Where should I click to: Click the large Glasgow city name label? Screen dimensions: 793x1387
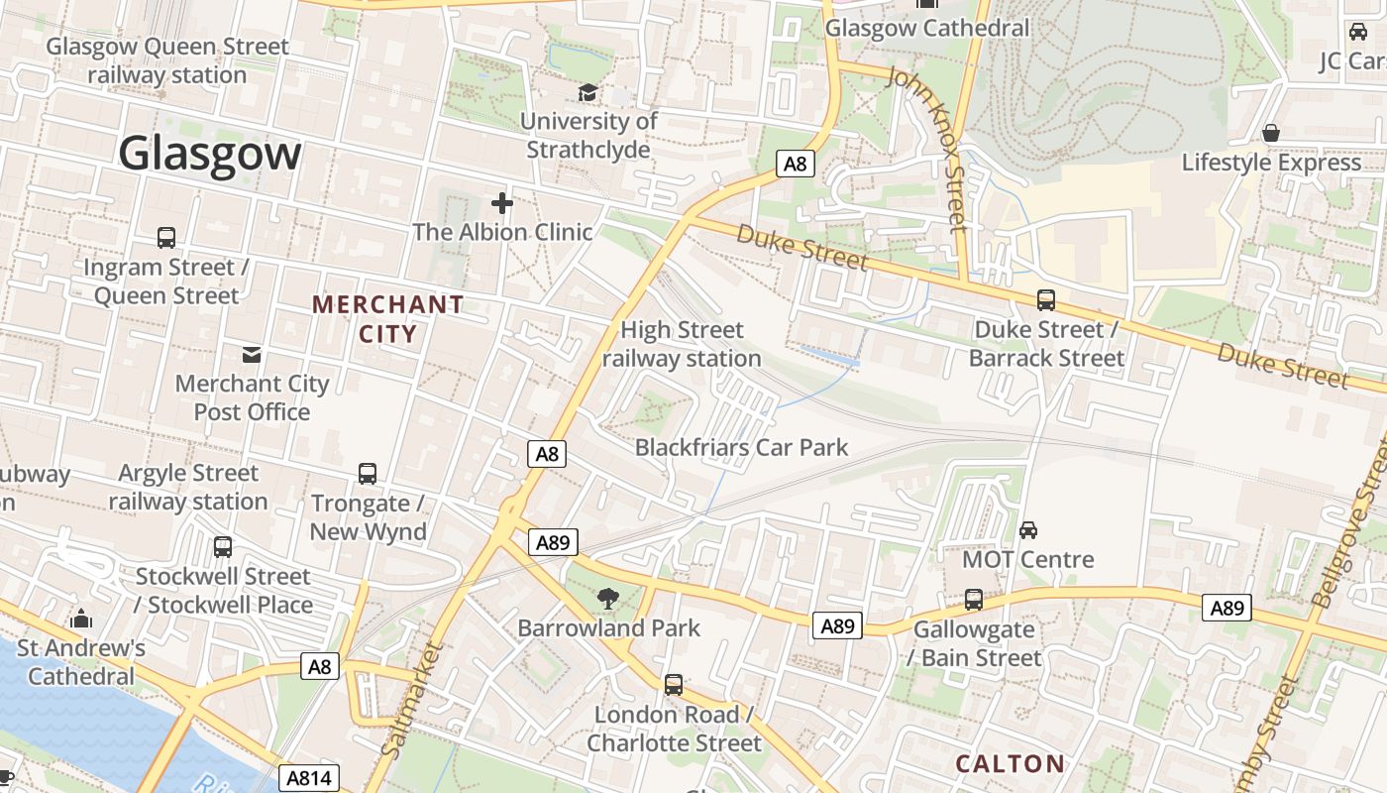[x=209, y=154]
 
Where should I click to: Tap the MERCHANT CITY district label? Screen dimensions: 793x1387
[x=388, y=318]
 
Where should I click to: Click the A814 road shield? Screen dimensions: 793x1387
[x=308, y=778]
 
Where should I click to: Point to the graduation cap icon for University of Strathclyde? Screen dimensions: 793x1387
[x=588, y=92]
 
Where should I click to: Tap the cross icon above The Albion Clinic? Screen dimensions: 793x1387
[x=502, y=204]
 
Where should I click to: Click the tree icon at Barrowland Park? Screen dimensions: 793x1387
[x=607, y=598]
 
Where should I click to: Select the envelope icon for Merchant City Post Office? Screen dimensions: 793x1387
[x=252, y=354]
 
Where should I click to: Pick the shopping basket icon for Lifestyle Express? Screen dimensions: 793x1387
[x=1271, y=133]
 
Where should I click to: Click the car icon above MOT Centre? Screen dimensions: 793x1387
[x=1028, y=529]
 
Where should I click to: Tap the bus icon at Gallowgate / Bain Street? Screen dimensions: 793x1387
[x=974, y=600]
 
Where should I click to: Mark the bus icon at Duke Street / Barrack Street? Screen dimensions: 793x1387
[x=1046, y=299]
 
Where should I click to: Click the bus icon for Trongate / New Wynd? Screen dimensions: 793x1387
[x=368, y=474]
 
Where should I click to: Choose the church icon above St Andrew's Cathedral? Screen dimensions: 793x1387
[x=81, y=620]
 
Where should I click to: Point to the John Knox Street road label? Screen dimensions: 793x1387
[x=928, y=149]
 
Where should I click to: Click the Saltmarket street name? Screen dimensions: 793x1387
[x=413, y=698]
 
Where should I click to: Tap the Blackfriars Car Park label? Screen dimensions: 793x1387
[x=741, y=447]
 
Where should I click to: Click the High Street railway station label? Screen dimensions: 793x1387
[x=682, y=344]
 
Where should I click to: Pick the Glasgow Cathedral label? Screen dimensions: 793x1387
[x=927, y=28]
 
